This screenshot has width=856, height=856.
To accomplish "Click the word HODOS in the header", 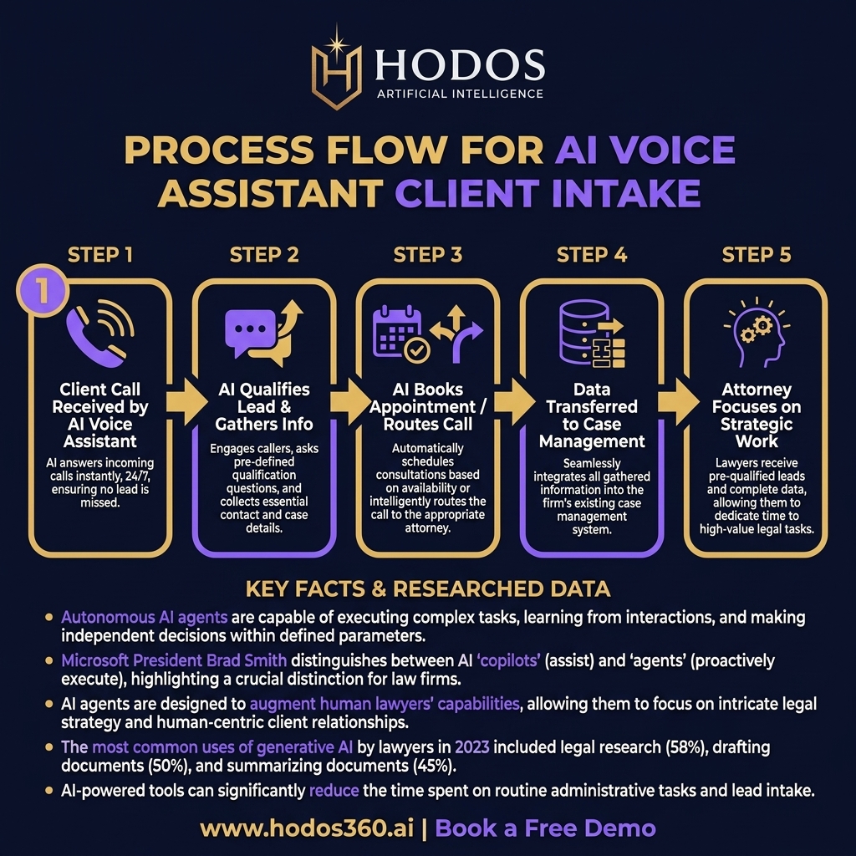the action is coord(460,64).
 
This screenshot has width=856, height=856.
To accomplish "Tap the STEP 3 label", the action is coord(428,255).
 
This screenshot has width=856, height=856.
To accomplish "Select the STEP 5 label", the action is coord(756,255).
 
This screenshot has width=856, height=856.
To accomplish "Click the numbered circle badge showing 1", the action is coord(43,291).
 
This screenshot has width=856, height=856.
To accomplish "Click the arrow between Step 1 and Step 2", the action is coord(186,402).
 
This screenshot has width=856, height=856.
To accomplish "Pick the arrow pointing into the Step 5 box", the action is coord(679,402).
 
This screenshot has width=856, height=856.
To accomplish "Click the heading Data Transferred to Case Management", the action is coord(592,415).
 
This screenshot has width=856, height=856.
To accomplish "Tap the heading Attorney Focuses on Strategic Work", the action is coord(756,415).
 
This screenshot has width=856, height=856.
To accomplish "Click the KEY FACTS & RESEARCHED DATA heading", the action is coord(428,589).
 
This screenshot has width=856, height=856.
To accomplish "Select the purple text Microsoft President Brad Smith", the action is coord(174,660).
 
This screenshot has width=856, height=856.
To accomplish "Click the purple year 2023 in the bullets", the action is coord(472,746).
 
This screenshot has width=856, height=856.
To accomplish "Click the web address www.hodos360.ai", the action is coord(308,828).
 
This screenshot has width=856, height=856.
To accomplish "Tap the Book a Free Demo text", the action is coord(545,828).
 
